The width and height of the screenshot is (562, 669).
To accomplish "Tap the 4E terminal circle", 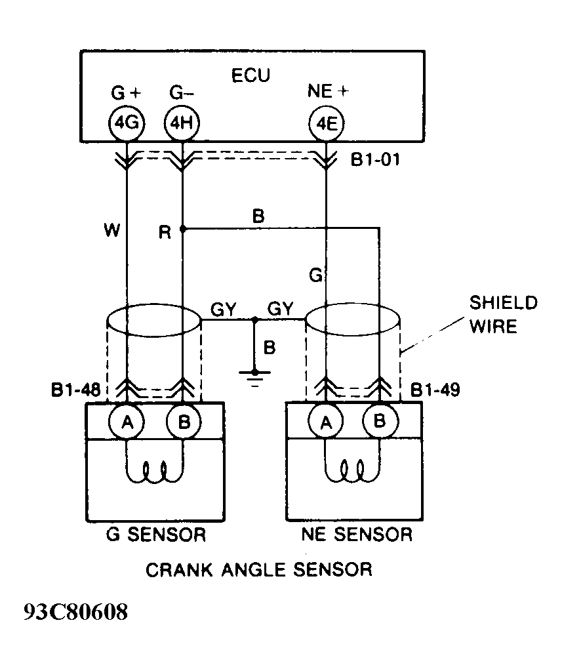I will pos(326,123).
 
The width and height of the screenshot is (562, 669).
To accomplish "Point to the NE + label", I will pos(328,92).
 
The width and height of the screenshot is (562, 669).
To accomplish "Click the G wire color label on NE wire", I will pos(315,275).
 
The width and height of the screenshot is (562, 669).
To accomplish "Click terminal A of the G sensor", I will pos(127,424).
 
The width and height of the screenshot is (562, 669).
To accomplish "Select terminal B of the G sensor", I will pos(184,424).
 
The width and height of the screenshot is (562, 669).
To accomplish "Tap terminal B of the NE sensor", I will pos(379,424).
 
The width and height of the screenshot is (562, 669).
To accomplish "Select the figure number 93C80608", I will pos(75,612).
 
